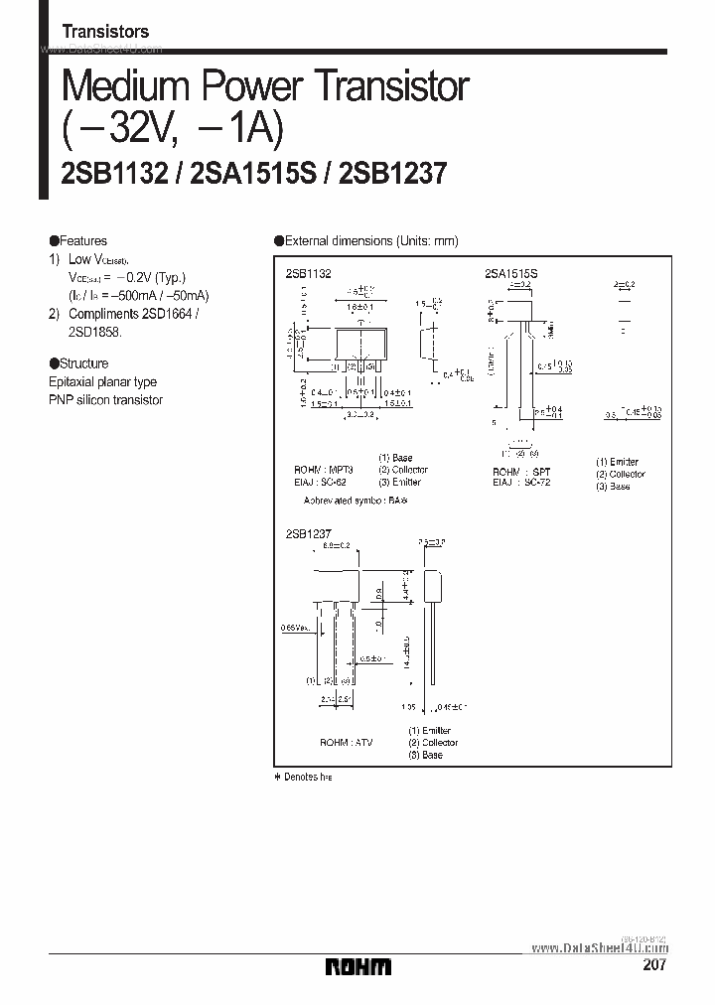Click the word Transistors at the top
105,32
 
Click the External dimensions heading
365,241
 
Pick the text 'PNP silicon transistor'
105,399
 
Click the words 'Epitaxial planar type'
102,381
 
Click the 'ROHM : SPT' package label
521,472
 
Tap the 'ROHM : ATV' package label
347,742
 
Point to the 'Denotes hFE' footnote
303,776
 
